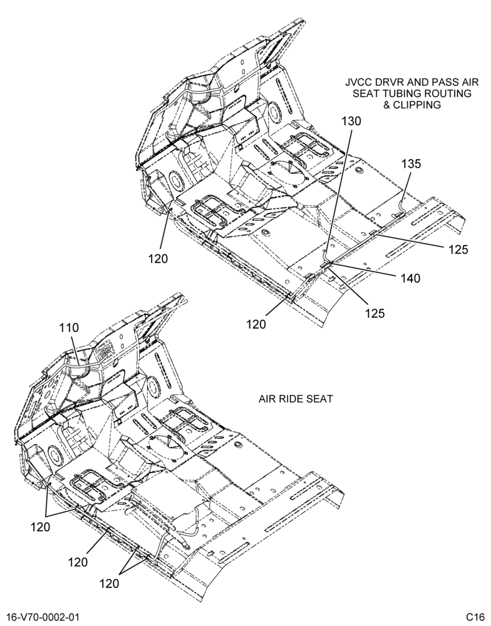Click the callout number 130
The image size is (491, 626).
[x=351, y=121]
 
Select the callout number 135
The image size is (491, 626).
[x=411, y=163]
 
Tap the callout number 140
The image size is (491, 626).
[x=411, y=279]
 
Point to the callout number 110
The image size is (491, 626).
[x=69, y=328]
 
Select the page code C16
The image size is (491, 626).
[x=475, y=617]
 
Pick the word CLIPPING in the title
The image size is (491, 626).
[x=417, y=105]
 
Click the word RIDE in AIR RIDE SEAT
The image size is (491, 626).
[x=294, y=399]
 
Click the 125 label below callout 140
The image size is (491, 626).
[x=375, y=314]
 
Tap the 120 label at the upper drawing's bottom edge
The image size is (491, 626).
[x=256, y=324]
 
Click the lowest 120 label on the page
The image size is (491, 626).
[x=110, y=583]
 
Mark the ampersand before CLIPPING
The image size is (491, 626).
[x=387, y=105]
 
